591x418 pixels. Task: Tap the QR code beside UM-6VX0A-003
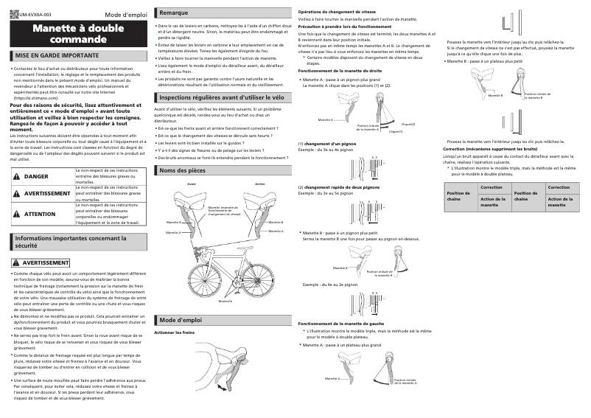pyautogui.click(x=15, y=13)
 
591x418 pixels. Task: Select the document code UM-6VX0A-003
pyautogui.click(x=35, y=14)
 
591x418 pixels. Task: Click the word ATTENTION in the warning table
pyautogui.click(x=40, y=214)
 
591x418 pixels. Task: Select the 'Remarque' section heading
pyautogui.click(x=174, y=13)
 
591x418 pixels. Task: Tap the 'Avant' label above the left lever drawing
pyautogui.click(x=191, y=183)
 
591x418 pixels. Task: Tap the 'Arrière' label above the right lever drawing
pyautogui.click(x=259, y=183)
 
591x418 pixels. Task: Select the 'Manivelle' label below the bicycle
pyautogui.click(x=225, y=301)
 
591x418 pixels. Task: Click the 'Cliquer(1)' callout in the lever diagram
pyautogui.click(x=396, y=131)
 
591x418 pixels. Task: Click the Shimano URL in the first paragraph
pyautogui.click(x=32, y=97)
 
